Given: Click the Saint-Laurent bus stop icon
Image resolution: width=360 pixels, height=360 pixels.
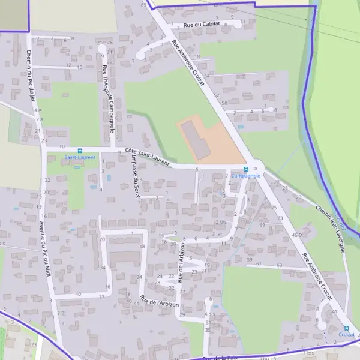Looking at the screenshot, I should [80, 151].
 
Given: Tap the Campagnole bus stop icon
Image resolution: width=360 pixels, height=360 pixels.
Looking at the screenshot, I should [245, 169].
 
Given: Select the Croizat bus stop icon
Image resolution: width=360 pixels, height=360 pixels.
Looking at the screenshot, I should [346, 328].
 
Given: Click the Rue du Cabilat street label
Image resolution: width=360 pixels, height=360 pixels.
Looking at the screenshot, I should [202, 24].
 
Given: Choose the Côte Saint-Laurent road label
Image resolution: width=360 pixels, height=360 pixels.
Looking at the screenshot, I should [148, 157].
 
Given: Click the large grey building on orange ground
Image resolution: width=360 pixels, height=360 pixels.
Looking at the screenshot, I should [196, 139].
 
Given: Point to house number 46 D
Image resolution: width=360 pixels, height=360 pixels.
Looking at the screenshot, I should [296, 235].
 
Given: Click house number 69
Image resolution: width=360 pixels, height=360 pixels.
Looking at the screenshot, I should [262, 225].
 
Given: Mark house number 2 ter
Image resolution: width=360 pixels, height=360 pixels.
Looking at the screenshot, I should [218, 233].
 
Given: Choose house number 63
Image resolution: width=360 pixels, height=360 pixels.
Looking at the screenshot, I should [279, 265].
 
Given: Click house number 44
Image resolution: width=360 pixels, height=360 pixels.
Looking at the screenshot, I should [137, 303].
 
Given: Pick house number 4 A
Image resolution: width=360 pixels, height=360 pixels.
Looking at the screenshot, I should [38, 110].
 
